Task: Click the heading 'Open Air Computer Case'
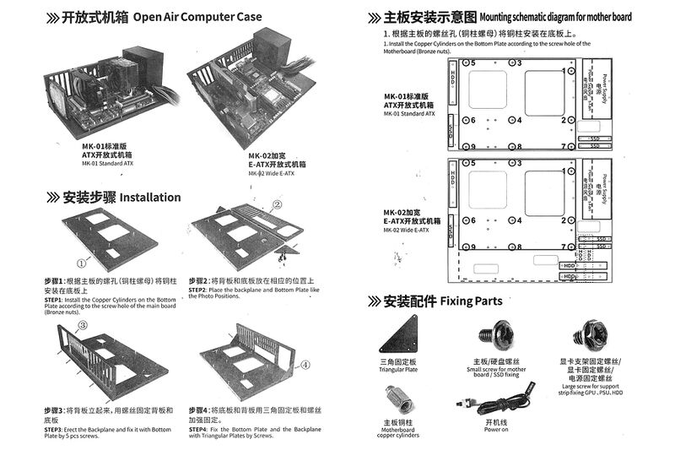(x=197, y=17)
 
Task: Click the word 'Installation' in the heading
(x=150, y=198)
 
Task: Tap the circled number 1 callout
(x=82, y=263)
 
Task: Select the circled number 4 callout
(x=305, y=365)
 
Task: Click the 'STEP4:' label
(x=199, y=430)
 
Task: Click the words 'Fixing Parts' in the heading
(x=471, y=301)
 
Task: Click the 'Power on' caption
(x=496, y=430)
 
